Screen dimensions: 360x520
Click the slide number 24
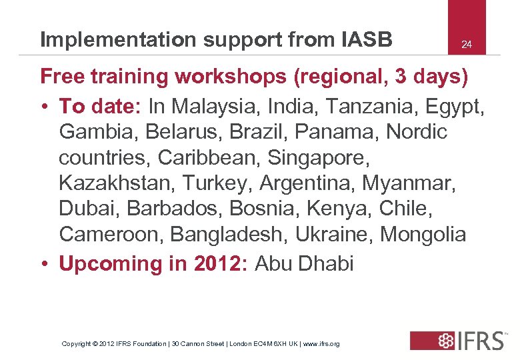tap(467, 45)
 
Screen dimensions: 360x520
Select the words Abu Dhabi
tap(304, 264)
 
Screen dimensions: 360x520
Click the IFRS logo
tap(458, 341)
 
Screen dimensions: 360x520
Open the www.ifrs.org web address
tap(322, 344)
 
